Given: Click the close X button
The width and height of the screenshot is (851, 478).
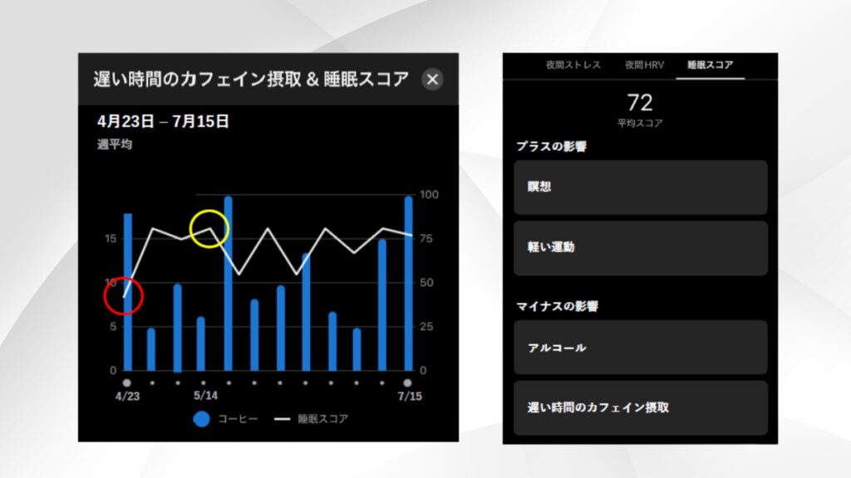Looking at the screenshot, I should click(x=432, y=80).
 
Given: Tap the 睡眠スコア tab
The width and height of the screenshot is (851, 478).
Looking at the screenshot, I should click(x=710, y=65).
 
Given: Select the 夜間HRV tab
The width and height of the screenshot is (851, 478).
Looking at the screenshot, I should click(x=645, y=65).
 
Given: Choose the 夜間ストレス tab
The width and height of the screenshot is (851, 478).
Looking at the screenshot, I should click(x=573, y=65).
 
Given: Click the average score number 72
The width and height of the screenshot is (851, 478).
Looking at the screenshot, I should click(x=640, y=103).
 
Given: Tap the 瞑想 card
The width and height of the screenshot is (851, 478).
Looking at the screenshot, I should click(x=640, y=188).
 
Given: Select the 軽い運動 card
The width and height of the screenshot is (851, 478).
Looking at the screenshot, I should click(x=640, y=247).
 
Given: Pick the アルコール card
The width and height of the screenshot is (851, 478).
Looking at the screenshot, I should click(x=640, y=348).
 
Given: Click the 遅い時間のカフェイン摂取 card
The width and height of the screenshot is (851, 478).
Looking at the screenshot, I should click(x=640, y=407).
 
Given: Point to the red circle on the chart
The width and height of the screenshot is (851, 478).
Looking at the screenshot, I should click(x=124, y=296).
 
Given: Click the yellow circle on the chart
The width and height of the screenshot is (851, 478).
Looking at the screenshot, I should click(x=209, y=229).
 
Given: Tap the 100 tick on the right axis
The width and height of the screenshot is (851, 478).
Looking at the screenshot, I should click(x=430, y=195).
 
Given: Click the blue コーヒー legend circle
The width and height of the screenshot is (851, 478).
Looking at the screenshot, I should click(x=201, y=419).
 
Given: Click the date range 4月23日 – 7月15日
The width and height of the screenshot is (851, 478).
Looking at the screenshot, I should click(x=163, y=121).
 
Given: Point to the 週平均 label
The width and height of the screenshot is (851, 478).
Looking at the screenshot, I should click(x=114, y=144).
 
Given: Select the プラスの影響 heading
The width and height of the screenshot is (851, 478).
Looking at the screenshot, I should click(x=551, y=147).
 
